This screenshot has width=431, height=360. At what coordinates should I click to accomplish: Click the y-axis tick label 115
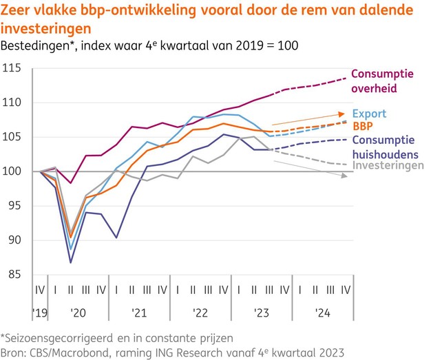click(x=12, y=68)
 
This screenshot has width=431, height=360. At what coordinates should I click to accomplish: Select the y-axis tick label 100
click(x=12, y=171)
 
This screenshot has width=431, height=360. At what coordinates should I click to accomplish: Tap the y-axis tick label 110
click(x=12, y=103)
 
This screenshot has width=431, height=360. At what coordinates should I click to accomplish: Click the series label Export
click(x=369, y=114)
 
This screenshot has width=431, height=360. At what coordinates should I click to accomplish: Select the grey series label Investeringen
click(x=388, y=166)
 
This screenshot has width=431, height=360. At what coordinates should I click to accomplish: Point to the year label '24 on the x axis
click(x=322, y=312)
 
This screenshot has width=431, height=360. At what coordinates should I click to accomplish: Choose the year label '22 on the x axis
click(x=200, y=312)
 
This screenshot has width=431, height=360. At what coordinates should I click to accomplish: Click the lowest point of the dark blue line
click(x=71, y=262)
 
